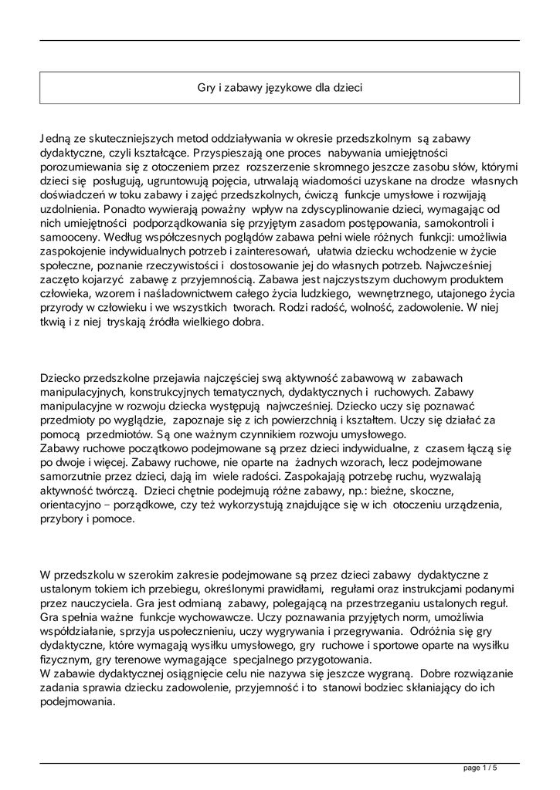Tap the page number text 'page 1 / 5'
480,768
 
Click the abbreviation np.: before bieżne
390,491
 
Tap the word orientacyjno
75,505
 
